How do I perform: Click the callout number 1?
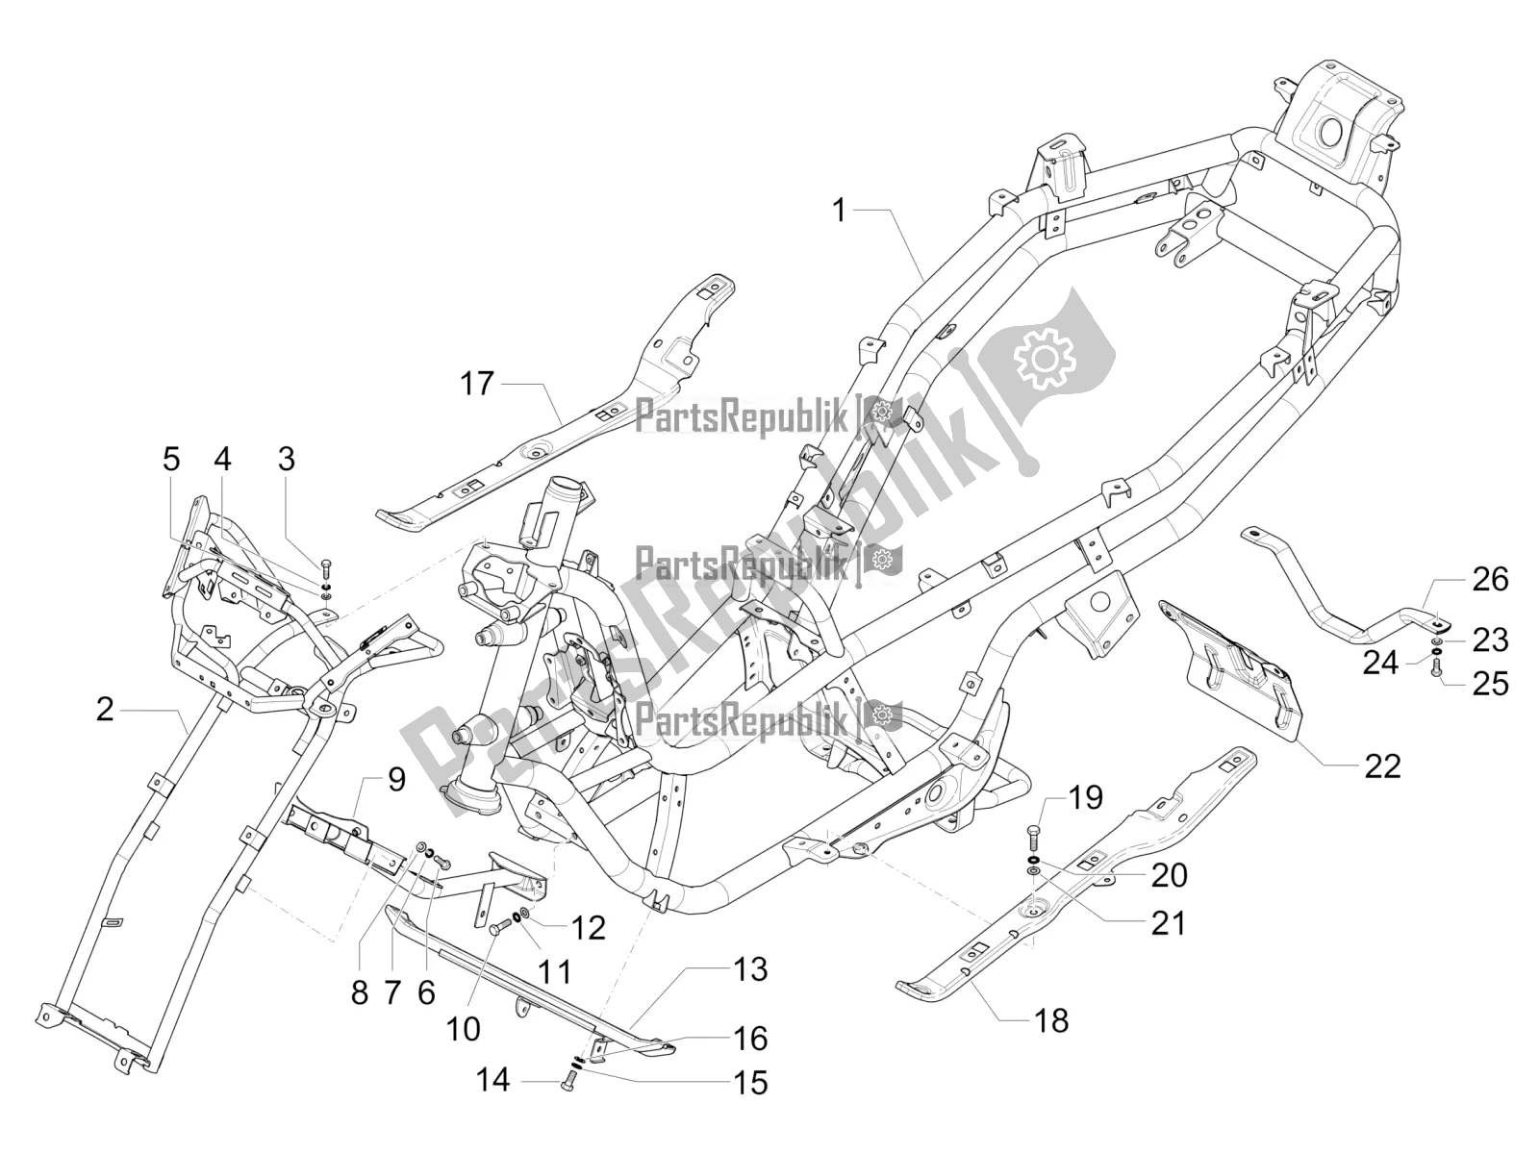(839, 210)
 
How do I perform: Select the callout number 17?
(476, 385)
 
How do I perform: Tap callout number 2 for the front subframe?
(132, 711)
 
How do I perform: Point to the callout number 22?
(1380, 765)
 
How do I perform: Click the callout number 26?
(1490, 580)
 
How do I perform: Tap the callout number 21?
(1168, 922)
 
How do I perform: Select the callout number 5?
(171, 460)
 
